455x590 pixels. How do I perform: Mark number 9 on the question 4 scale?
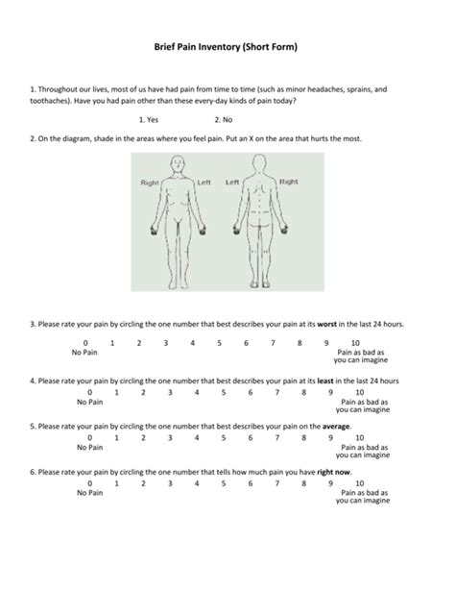pyautogui.click(x=331, y=392)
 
